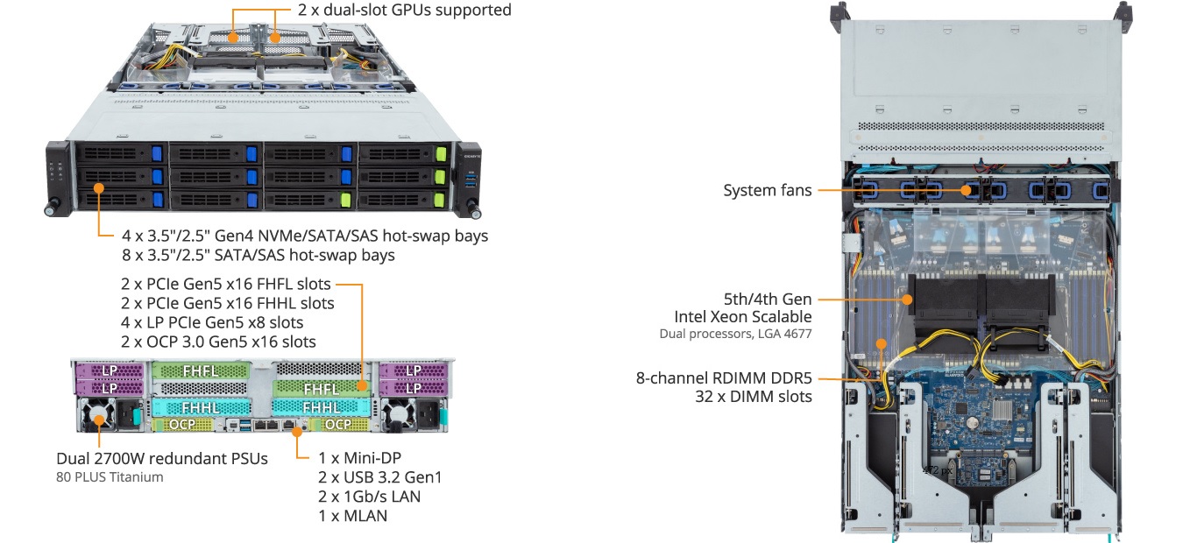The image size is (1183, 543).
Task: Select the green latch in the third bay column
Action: [347, 200]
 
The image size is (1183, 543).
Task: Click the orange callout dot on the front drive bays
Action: [99, 187]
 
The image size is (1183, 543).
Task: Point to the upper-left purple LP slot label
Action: [110, 370]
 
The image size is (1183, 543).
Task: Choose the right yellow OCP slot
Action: [338, 424]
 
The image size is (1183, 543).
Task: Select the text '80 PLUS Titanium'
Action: [110, 477]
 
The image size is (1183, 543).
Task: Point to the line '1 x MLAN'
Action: [352, 516]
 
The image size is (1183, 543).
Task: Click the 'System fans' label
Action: [768, 190]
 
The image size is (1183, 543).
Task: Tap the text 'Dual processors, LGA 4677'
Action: [735, 334]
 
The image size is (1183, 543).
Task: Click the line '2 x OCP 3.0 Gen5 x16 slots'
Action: [219, 342]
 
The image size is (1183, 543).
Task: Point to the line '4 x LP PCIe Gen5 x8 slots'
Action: [212, 322]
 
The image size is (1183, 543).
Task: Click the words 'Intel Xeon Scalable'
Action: [742, 316]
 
